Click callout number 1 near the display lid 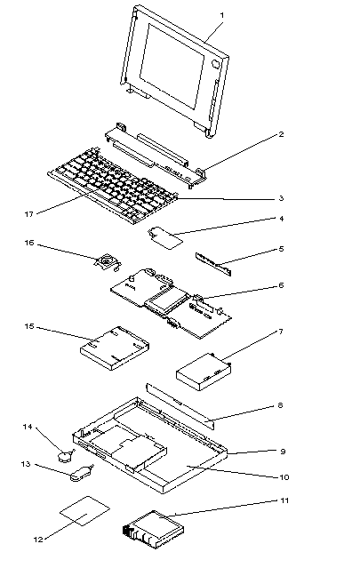pyautogui.click(x=222, y=16)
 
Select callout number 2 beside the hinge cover pyautogui.click(x=282, y=134)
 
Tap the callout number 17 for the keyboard pyautogui.click(x=28, y=214)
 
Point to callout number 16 pyautogui.click(x=29, y=243)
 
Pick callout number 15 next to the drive pyautogui.click(x=29, y=326)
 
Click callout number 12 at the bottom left pyautogui.click(x=38, y=540)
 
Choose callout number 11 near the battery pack pyautogui.click(x=284, y=500)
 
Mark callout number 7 pyautogui.click(x=281, y=332)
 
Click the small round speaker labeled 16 pyautogui.click(x=107, y=261)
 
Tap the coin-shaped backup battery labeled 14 pyautogui.click(x=65, y=455)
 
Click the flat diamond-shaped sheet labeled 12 pyautogui.click(x=84, y=511)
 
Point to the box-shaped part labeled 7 pyautogui.click(x=204, y=372)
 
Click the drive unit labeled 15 pyautogui.click(x=114, y=348)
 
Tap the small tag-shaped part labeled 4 pyautogui.click(x=165, y=238)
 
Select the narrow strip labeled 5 pyautogui.click(x=213, y=264)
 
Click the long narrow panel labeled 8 pyautogui.click(x=180, y=406)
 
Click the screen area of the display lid pyautogui.click(x=172, y=66)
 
